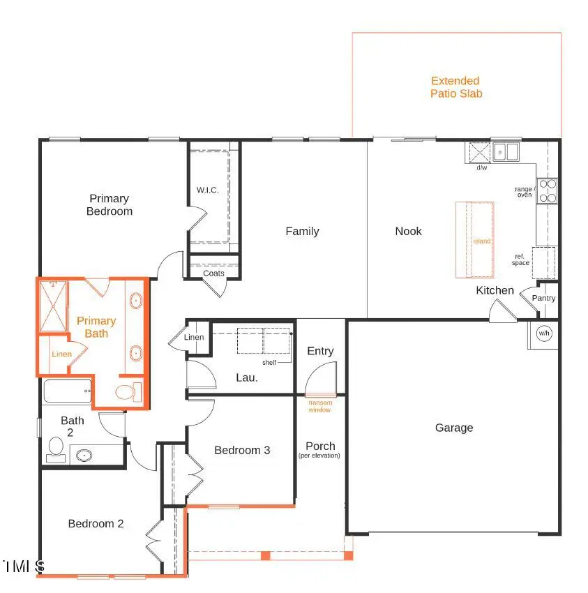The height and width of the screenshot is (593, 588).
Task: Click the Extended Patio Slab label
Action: [x=455, y=87]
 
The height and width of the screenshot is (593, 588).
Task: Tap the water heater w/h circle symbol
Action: [x=543, y=333]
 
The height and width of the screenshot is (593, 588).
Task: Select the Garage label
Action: [x=454, y=428]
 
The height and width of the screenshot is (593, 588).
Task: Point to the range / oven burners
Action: [x=547, y=191]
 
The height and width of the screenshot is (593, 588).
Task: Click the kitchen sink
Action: [x=506, y=151]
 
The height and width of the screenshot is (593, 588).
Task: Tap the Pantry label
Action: [x=543, y=298]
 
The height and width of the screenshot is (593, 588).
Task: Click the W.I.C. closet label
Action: [x=209, y=190]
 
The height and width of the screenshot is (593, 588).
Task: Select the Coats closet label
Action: [x=213, y=273]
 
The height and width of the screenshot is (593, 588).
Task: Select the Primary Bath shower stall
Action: [x=54, y=306]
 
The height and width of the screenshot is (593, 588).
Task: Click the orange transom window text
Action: [x=320, y=406]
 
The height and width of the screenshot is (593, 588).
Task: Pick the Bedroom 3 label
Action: [x=242, y=450]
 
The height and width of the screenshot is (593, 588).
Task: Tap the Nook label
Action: [x=408, y=231]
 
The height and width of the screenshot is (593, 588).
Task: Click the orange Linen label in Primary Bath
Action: [x=61, y=354]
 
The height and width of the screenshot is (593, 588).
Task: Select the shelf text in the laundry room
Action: [x=269, y=363]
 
